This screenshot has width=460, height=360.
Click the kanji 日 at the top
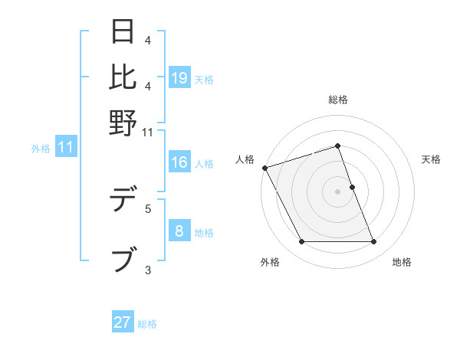(x=123, y=32)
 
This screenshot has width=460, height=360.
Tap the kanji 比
(x=123, y=77)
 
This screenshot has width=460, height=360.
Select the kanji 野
(x=123, y=122)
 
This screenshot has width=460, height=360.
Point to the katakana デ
(x=123, y=201)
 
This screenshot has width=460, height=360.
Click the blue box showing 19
(x=179, y=77)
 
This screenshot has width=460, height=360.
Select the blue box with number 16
(x=179, y=162)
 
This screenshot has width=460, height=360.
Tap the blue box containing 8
(x=179, y=231)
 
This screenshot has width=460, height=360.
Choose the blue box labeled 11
(x=65, y=147)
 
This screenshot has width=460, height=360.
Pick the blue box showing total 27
(x=123, y=322)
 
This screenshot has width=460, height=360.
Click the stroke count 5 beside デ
(x=148, y=208)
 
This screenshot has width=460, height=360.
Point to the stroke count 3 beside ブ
(x=148, y=269)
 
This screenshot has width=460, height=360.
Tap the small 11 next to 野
(x=148, y=133)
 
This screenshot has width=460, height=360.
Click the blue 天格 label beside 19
(x=204, y=79)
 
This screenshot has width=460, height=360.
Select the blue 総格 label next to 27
(x=147, y=324)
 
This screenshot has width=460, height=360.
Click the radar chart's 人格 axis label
(x=245, y=159)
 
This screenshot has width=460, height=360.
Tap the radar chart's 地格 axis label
(x=402, y=262)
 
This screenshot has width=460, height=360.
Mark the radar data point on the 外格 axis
(x=301, y=242)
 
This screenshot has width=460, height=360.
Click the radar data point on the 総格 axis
(x=337, y=146)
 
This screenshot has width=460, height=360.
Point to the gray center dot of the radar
(x=337, y=191)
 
